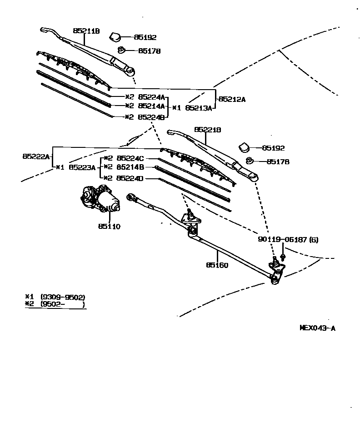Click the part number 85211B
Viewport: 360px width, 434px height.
coord(86,31)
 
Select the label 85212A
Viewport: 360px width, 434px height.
coord(232,99)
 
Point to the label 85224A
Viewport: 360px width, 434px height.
coord(151,97)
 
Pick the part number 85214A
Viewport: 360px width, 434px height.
coord(151,106)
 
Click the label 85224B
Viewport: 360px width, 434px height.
coord(151,116)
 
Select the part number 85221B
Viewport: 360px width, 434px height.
coord(208,130)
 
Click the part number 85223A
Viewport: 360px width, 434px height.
coord(82,167)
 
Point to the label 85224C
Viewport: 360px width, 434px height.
coord(130,158)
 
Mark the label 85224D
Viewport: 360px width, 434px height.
coord(130,178)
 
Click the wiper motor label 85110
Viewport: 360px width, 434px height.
coord(109,226)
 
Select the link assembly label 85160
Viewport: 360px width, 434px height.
coord(217,265)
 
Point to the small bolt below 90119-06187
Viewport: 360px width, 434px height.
coord(283,257)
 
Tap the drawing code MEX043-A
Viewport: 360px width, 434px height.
coord(317,328)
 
